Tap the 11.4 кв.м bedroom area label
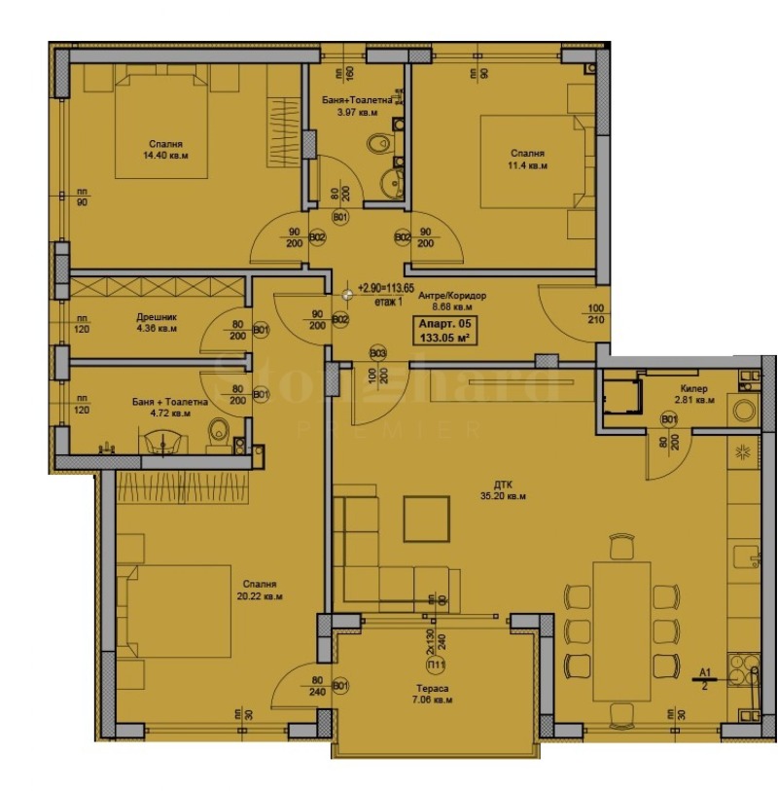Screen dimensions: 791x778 point(529,160)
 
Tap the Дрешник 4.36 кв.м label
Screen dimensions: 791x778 point(156,322)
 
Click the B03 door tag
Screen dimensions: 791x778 point(377,352)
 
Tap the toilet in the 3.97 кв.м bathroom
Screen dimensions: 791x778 point(375,146)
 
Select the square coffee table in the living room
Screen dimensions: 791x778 point(427,518)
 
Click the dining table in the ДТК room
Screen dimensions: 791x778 point(619,630)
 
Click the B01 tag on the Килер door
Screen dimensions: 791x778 point(669,418)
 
